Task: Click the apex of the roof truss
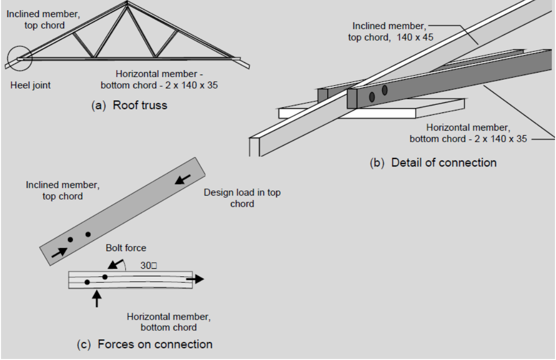point(126,3)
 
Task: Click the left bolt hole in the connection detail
point(372,97)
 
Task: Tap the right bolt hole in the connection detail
point(385,91)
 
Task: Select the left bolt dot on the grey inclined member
point(71,239)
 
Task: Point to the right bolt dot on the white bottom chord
point(105,277)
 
